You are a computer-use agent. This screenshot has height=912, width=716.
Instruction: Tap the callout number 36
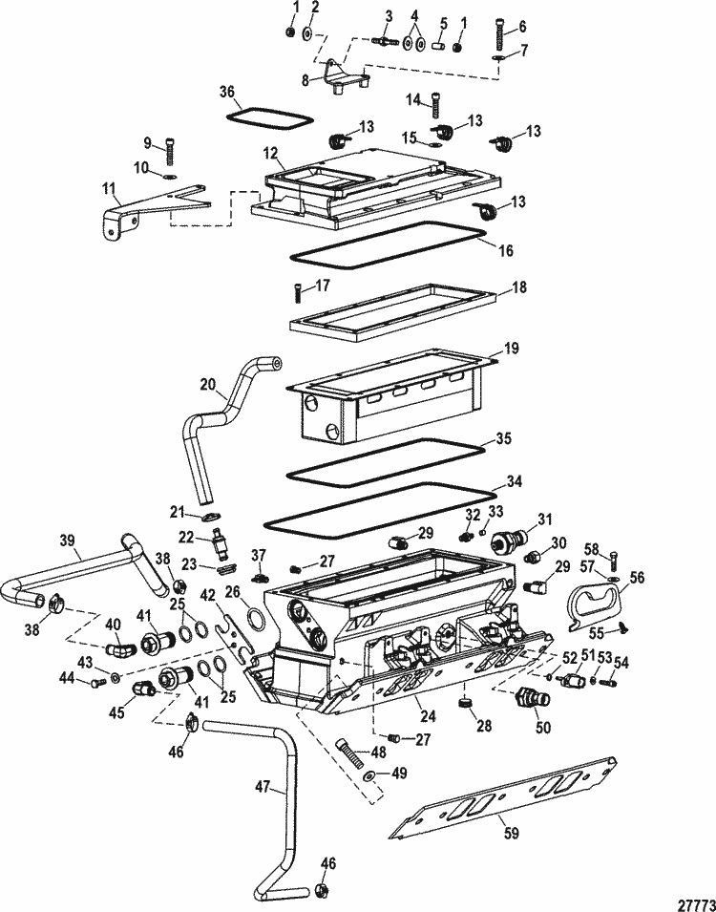[x=225, y=93]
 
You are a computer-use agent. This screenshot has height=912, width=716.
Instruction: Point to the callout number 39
[x=66, y=541]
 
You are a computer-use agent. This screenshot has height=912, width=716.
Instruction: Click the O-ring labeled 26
[x=255, y=623]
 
